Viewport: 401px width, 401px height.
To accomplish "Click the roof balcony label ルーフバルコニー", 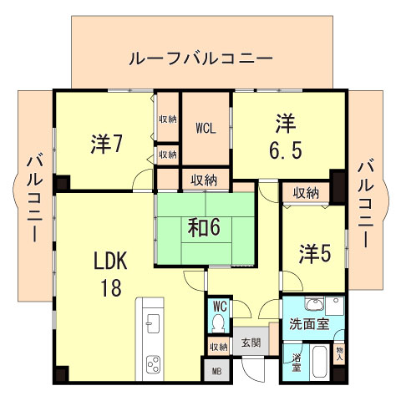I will coord(200,59).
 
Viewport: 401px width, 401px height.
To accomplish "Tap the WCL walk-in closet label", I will coord(206,129).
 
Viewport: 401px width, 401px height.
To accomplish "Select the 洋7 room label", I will coord(107,143).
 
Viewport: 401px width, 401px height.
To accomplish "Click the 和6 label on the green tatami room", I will coord(203,226).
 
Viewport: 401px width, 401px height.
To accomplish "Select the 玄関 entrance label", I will coord(251,343).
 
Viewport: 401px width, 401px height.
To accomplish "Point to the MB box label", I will coord(216,371).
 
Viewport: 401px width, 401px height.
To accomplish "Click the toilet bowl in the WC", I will coord(220,322).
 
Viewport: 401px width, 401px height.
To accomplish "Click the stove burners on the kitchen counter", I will coord(155,363).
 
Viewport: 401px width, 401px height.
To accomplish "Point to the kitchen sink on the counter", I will coord(153,322).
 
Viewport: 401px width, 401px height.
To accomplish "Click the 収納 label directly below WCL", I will coord(204,179).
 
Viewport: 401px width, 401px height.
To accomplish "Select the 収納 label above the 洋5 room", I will coord(305,193).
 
